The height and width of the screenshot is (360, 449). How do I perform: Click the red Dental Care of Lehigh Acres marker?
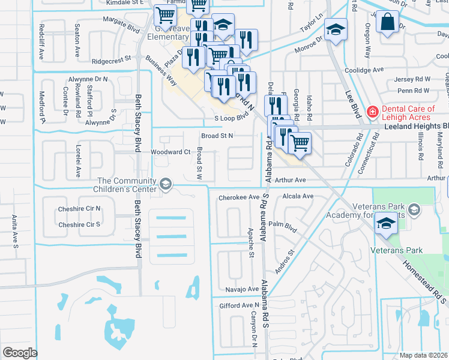pyautogui.click(x=372, y=111)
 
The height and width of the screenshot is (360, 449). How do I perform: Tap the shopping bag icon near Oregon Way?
pyautogui.click(x=387, y=22)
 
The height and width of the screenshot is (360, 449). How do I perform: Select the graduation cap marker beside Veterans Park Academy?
pyautogui.click(x=385, y=224)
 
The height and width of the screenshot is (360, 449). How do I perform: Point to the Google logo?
pyautogui.click(x=20, y=353)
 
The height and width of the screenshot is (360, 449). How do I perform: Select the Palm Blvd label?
pyautogui.click(x=283, y=228)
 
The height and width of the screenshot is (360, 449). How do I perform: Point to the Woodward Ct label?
pyautogui.click(x=170, y=152)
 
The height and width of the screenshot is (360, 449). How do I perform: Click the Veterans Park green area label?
pyautogui.click(x=413, y=250)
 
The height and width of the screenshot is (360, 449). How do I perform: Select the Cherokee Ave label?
pyautogui.click(x=239, y=197)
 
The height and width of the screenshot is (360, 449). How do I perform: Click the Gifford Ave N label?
pyautogui.click(x=239, y=306)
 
